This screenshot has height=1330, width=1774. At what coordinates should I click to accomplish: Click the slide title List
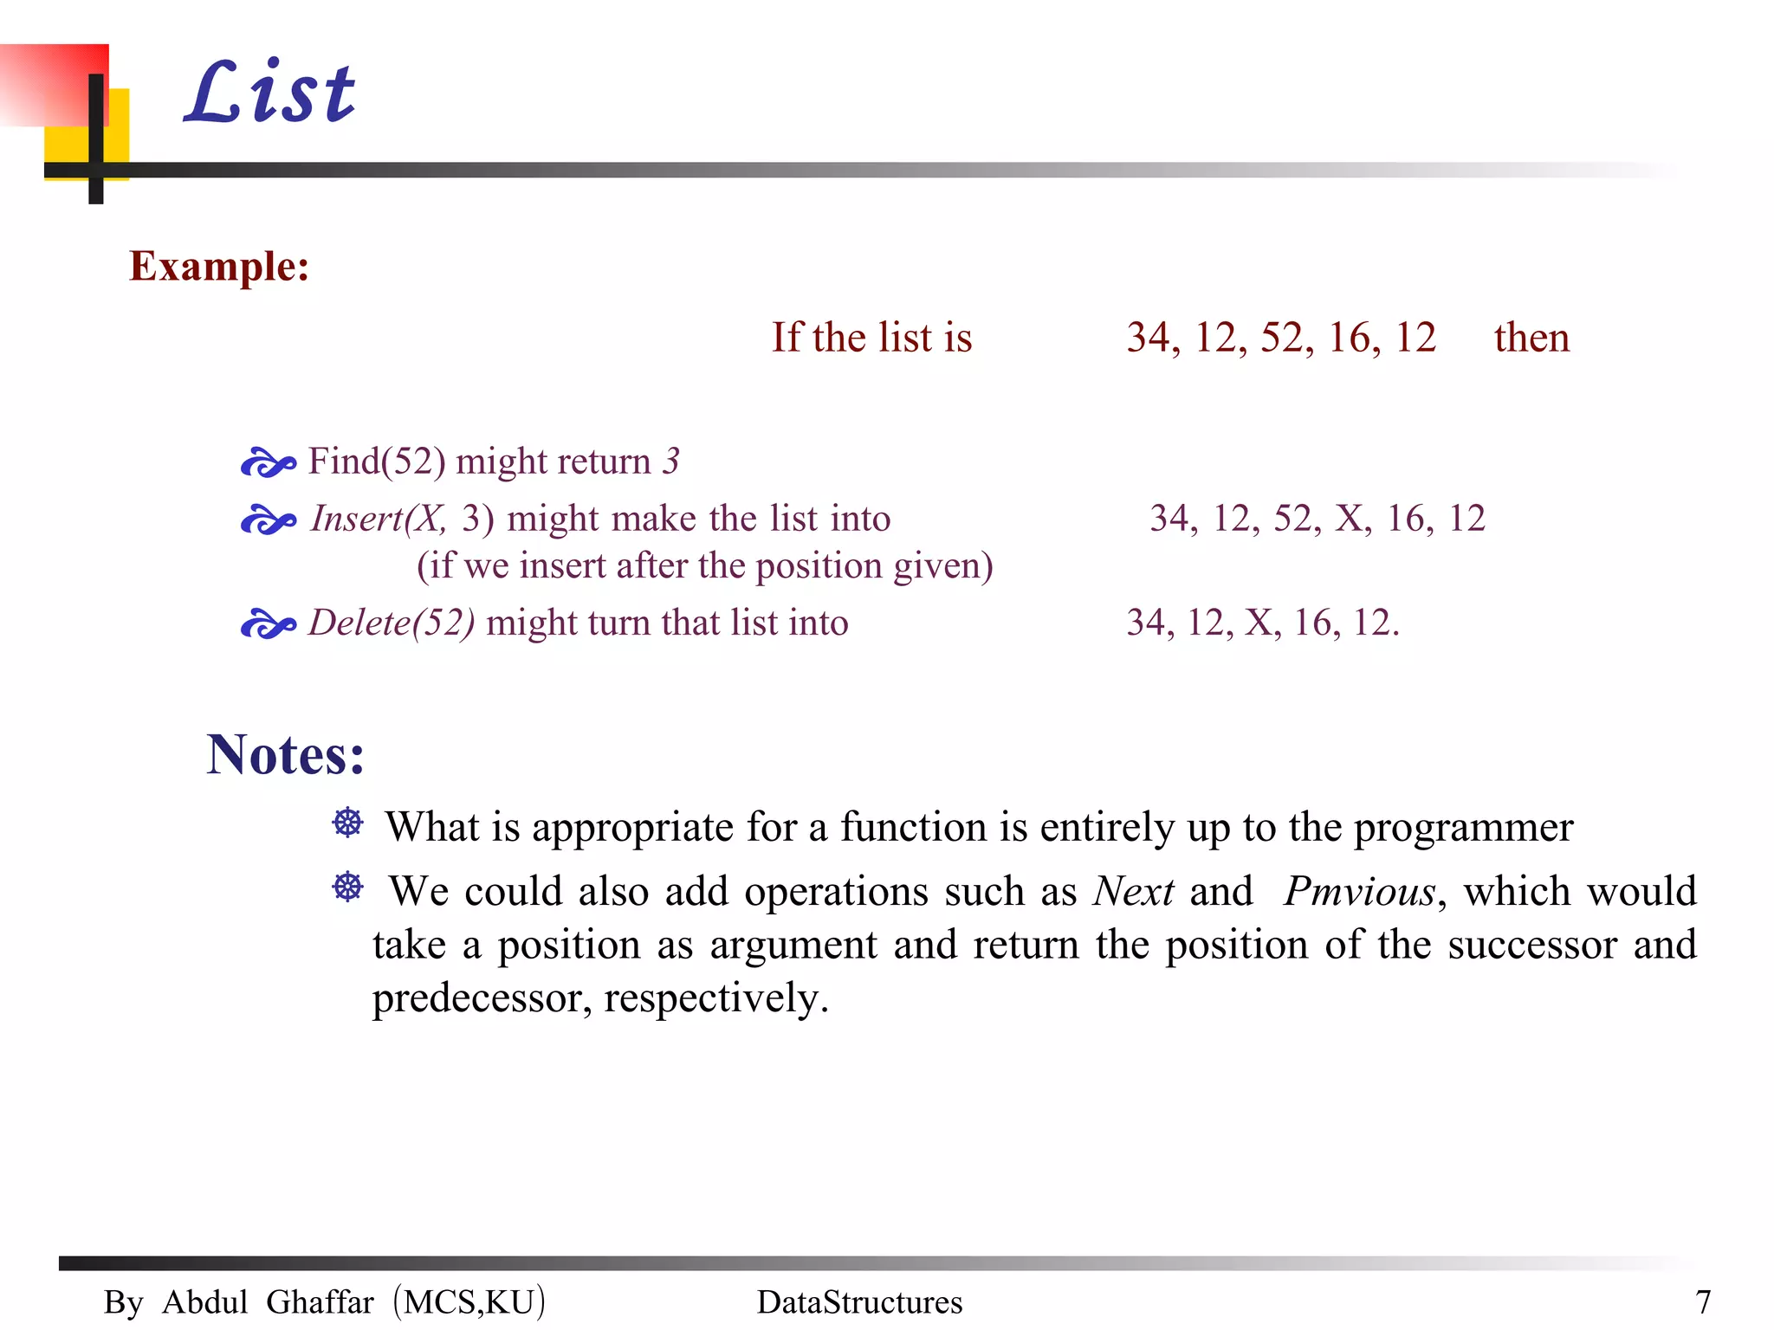[x=270, y=93]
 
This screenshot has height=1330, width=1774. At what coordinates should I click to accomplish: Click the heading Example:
[x=219, y=266]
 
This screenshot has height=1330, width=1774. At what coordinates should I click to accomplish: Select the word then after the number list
[x=1531, y=338]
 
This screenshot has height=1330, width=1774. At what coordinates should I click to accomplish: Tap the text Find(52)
[x=377, y=462]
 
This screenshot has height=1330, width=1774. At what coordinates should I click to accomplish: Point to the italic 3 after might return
[x=671, y=462]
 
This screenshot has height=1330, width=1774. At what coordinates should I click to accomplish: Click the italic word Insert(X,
[x=379, y=519]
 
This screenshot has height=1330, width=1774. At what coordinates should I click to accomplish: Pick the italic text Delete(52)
[x=392, y=623]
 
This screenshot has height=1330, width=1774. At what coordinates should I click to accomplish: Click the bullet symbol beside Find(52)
[x=268, y=463]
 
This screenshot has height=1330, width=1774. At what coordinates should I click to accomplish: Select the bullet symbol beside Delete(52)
[x=268, y=624]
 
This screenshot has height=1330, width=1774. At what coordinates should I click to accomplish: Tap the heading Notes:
[x=285, y=754]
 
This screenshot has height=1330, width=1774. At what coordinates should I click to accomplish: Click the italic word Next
[x=1133, y=892]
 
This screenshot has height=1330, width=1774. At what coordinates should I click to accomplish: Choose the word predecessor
[x=482, y=999]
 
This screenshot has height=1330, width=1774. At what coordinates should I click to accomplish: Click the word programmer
[x=1463, y=828]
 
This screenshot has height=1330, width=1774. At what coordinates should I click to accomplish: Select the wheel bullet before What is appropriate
[x=348, y=823]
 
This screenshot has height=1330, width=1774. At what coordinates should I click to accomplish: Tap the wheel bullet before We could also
[x=348, y=887]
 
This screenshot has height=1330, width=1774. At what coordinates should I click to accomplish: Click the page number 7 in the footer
[x=1702, y=1302]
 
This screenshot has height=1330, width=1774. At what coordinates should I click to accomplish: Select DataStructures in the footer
[x=859, y=1302]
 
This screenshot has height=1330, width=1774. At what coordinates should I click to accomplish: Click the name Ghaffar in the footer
[x=320, y=1302]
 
